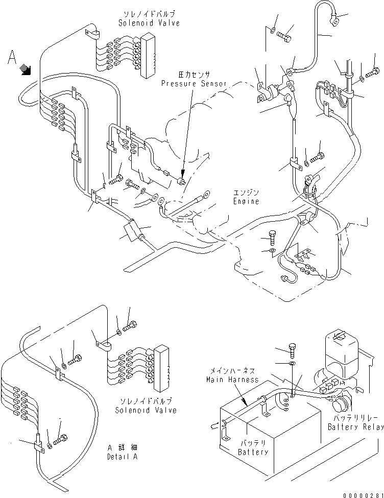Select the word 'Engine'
pyautogui.click(x=246, y=201)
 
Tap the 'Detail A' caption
pyautogui.click(x=123, y=456)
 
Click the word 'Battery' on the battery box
pyautogui.click(x=253, y=452)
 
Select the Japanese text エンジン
pyautogui.click(x=247, y=193)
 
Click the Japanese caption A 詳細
pyautogui.click(x=123, y=447)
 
